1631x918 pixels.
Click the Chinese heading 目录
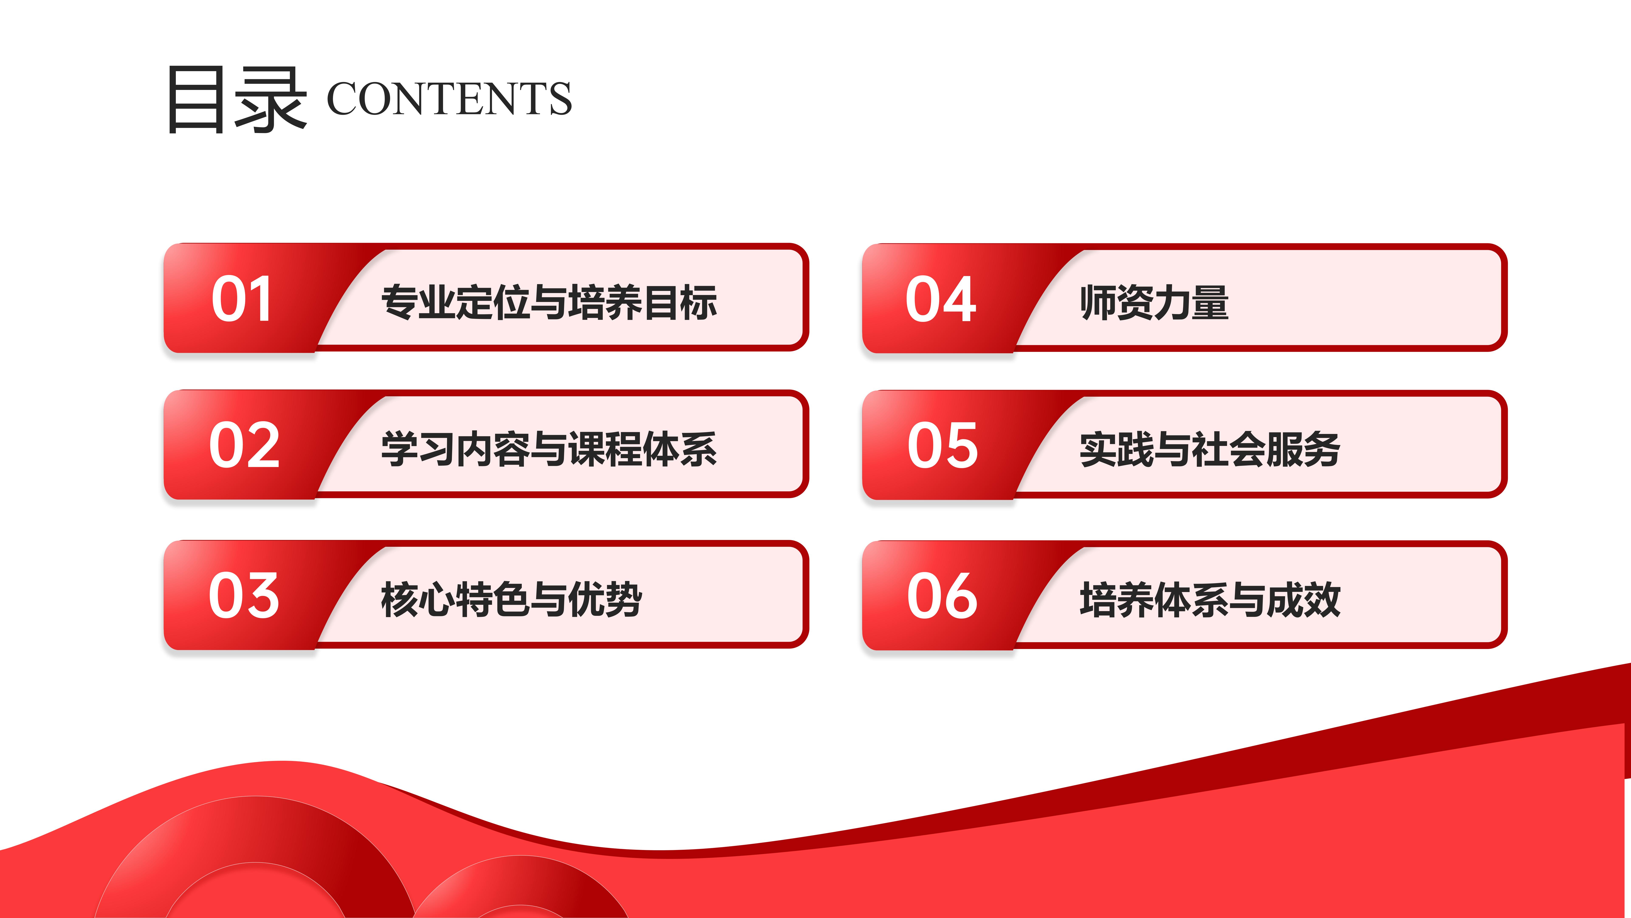coord(237,99)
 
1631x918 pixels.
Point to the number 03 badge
coord(244,595)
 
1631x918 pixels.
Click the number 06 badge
coord(942,595)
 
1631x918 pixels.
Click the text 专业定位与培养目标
coord(549,302)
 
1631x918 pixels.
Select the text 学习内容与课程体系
coord(549,449)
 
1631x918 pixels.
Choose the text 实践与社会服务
coord(1210,449)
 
